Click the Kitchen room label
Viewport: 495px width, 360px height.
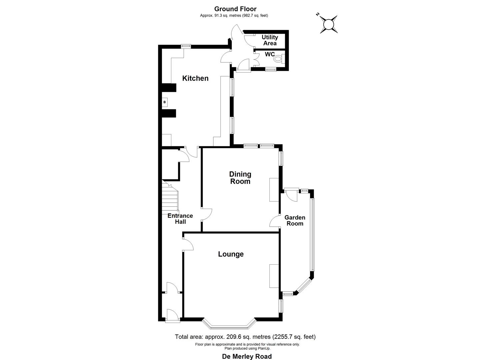(195, 78)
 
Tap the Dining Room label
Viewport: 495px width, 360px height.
(240, 178)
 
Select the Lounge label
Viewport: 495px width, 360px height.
(231, 254)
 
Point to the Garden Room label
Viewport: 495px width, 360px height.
(295, 221)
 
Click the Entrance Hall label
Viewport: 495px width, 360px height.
(180, 219)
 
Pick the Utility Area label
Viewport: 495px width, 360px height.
(270, 40)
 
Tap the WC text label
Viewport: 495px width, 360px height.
(270, 54)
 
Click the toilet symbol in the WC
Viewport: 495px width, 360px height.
(278, 59)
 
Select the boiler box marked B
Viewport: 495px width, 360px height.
(164, 102)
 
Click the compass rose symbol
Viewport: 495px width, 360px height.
(329, 24)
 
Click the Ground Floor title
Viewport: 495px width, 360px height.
(235, 9)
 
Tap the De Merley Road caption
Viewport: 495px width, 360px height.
(247, 356)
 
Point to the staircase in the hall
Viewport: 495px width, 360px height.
(170, 197)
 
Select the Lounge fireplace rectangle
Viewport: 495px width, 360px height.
(274, 276)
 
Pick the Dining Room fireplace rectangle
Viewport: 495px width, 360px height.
(274, 190)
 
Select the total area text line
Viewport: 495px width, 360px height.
(245, 337)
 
